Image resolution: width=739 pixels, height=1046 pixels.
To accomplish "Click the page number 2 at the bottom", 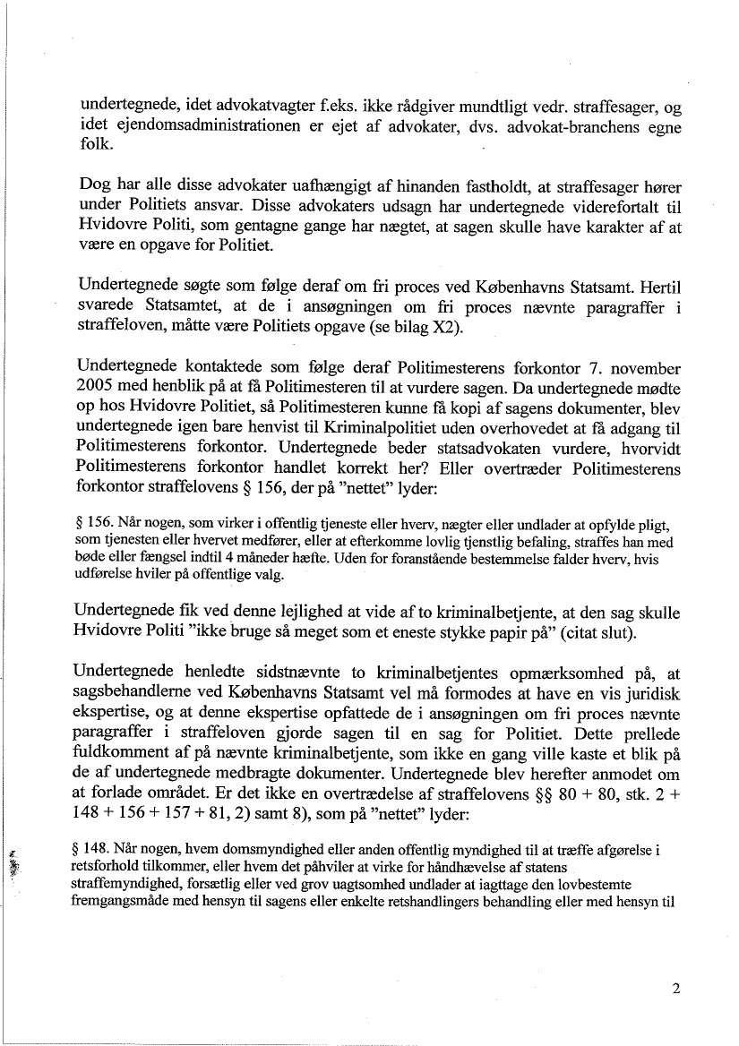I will pos(675,990).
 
